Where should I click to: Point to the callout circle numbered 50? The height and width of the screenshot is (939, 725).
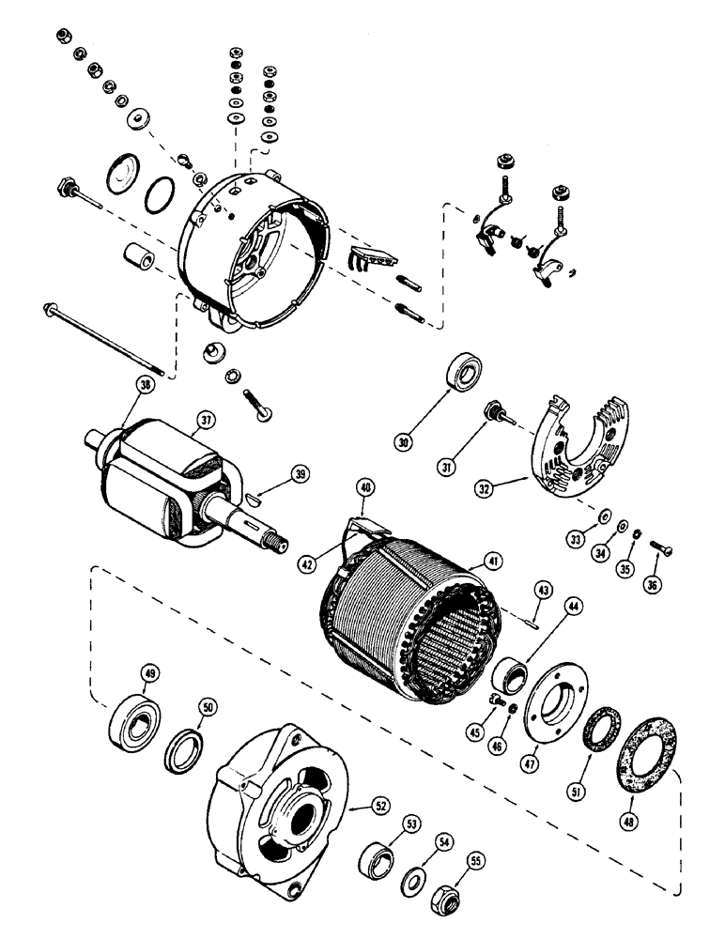click(x=208, y=705)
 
